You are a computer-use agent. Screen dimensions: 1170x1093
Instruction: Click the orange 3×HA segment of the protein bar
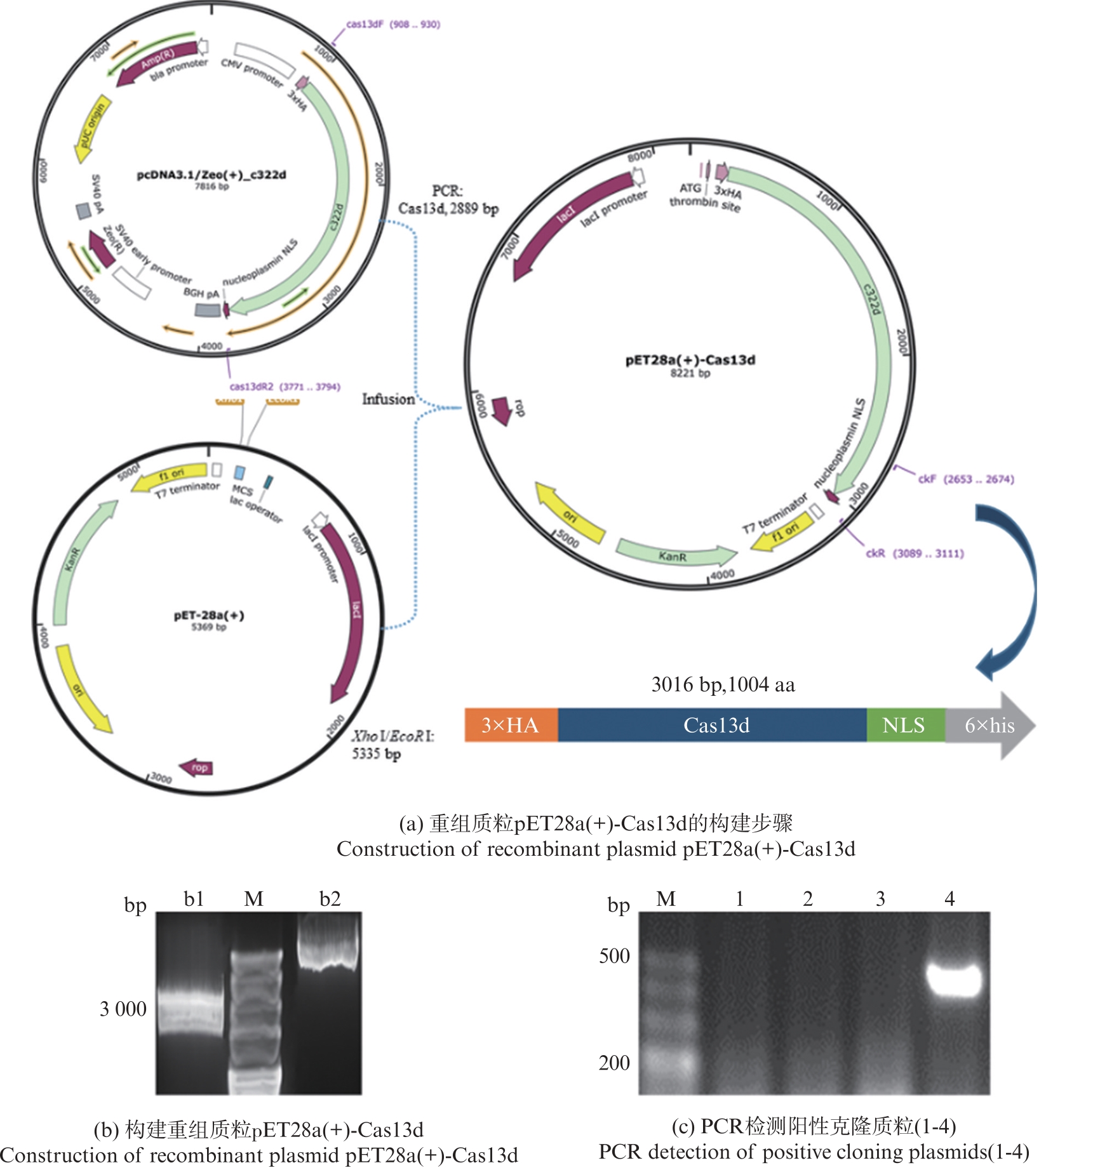(511, 725)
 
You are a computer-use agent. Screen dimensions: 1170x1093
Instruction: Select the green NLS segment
(904, 725)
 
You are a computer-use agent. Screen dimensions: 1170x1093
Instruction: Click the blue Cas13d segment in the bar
(716, 725)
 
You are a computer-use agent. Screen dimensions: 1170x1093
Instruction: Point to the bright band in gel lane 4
(953, 981)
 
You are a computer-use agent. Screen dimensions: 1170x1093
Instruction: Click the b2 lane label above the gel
(330, 899)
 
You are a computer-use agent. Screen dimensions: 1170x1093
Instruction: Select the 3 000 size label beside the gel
(123, 1009)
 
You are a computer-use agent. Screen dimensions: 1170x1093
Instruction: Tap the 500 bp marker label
(614, 956)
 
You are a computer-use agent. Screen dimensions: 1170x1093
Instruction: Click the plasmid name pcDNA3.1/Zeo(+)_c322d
(211, 175)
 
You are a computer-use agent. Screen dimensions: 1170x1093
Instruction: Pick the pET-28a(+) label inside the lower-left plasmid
(209, 615)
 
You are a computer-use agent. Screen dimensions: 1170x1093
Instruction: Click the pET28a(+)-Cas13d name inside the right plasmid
(690, 360)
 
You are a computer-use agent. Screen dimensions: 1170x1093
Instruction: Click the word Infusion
(388, 399)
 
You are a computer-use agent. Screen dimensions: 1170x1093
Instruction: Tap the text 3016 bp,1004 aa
(723, 684)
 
